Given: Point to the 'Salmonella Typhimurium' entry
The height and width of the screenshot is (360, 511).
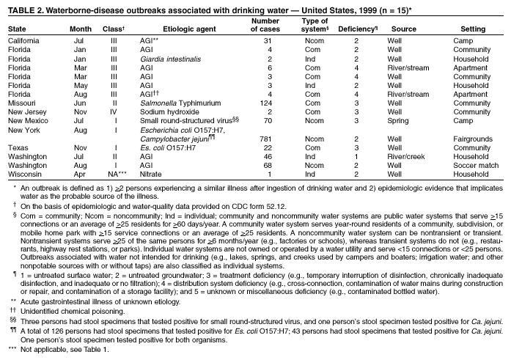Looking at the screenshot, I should [x=175, y=103].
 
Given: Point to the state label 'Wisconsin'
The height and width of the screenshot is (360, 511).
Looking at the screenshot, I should [x=24, y=174].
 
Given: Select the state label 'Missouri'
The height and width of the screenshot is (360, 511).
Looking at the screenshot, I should [x=22, y=103].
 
